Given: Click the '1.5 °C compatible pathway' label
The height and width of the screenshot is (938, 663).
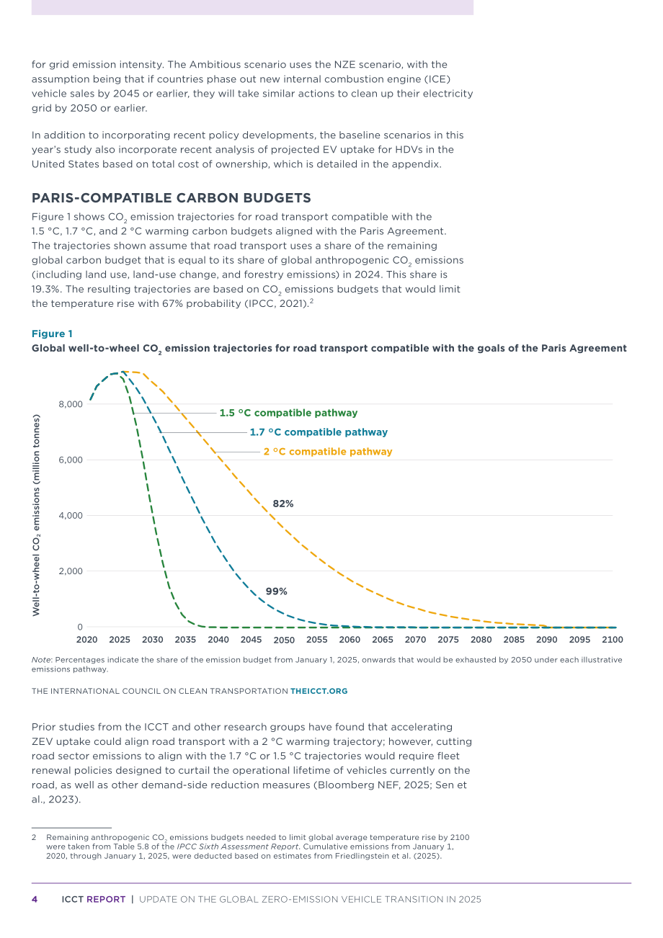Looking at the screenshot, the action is pos(288,413).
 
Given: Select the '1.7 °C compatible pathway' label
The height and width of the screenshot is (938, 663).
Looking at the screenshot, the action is pos(319,432).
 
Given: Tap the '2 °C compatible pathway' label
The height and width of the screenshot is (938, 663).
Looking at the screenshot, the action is pos(328,452).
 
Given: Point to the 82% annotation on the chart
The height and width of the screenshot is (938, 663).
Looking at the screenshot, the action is pos(283,504).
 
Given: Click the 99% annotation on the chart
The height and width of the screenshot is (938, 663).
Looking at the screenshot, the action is pos(277,591).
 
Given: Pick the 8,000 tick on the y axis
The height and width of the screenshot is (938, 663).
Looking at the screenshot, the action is pos(71,404).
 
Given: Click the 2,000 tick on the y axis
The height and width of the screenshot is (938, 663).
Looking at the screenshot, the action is pos(71,571).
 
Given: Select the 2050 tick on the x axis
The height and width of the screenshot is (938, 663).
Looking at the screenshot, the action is pos(284,640).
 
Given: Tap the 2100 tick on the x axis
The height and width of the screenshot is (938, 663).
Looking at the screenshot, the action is pos(613,640).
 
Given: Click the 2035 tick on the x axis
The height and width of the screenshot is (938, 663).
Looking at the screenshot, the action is pos(185,640).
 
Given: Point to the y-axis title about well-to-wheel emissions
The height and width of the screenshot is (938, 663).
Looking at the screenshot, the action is pos(37,515).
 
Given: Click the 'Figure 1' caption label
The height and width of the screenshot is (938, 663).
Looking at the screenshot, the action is pos(52,334).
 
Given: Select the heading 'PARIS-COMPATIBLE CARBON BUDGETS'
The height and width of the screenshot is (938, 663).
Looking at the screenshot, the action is pos(172,198).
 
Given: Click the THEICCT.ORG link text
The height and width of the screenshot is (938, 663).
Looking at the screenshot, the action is pos(319,691).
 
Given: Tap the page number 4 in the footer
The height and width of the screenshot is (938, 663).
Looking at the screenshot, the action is pos(35,900).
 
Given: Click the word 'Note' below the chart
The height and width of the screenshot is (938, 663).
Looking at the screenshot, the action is pos(41,660).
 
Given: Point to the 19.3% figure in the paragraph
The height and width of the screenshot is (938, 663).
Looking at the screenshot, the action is pos(45,290).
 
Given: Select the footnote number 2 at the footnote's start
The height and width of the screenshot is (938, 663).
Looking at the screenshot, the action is pos(34,837).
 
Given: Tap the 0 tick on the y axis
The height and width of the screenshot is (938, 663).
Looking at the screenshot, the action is pos(80,627).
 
